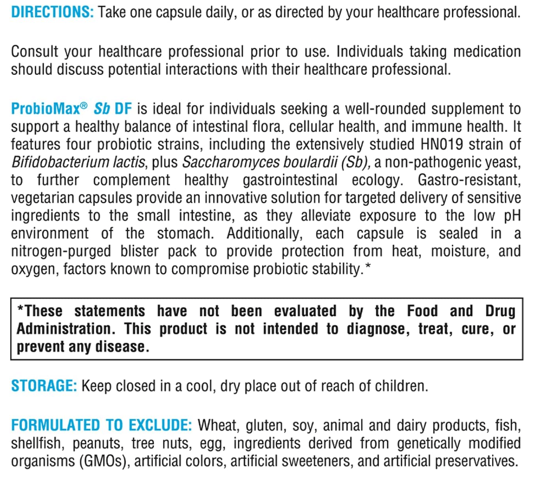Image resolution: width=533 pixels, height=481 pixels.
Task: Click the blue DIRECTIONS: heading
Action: point(52,12)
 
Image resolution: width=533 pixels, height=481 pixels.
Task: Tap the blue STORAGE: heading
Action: point(44,386)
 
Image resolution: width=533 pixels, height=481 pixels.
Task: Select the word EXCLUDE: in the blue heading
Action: point(160,425)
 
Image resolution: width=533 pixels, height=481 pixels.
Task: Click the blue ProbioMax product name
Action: point(45,109)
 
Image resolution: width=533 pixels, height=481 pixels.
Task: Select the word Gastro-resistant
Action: point(469,180)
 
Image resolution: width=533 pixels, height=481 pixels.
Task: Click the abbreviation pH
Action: point(512,216)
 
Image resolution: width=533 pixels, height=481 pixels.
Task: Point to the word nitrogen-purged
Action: point(61,251)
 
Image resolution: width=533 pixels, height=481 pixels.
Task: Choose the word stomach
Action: point(185,234)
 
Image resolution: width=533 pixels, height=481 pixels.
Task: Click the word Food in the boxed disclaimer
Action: point(422,311)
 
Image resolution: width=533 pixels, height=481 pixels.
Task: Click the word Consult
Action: point(34,52)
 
